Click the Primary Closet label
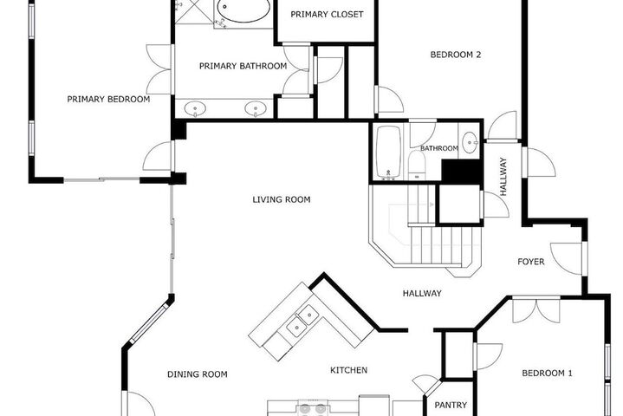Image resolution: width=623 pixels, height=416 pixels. point(327,15)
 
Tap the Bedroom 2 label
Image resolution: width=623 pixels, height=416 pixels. point(455,55)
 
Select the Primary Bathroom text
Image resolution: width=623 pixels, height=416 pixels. point(243,66)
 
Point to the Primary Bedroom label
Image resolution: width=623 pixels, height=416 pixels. point(108,100)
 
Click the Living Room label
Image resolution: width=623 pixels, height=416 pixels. point(282,199)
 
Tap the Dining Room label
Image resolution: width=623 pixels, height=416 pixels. point(197,374)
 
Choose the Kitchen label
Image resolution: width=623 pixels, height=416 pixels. point(348,370)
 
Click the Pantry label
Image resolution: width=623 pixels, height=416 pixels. point(451,406)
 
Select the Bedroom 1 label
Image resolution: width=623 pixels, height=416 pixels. point(547,373)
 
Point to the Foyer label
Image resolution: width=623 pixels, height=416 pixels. point(531,262)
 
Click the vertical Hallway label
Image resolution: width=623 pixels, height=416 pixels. point(503,177)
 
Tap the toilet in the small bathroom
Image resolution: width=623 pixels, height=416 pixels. point(417,165)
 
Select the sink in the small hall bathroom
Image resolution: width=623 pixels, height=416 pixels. point(470,142)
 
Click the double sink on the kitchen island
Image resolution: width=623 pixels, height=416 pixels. point(302,321)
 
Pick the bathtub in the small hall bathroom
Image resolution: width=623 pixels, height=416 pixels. point(388,152)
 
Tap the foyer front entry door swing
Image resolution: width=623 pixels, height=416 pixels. point(568,258)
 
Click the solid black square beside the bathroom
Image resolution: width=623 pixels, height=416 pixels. point(462,172)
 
